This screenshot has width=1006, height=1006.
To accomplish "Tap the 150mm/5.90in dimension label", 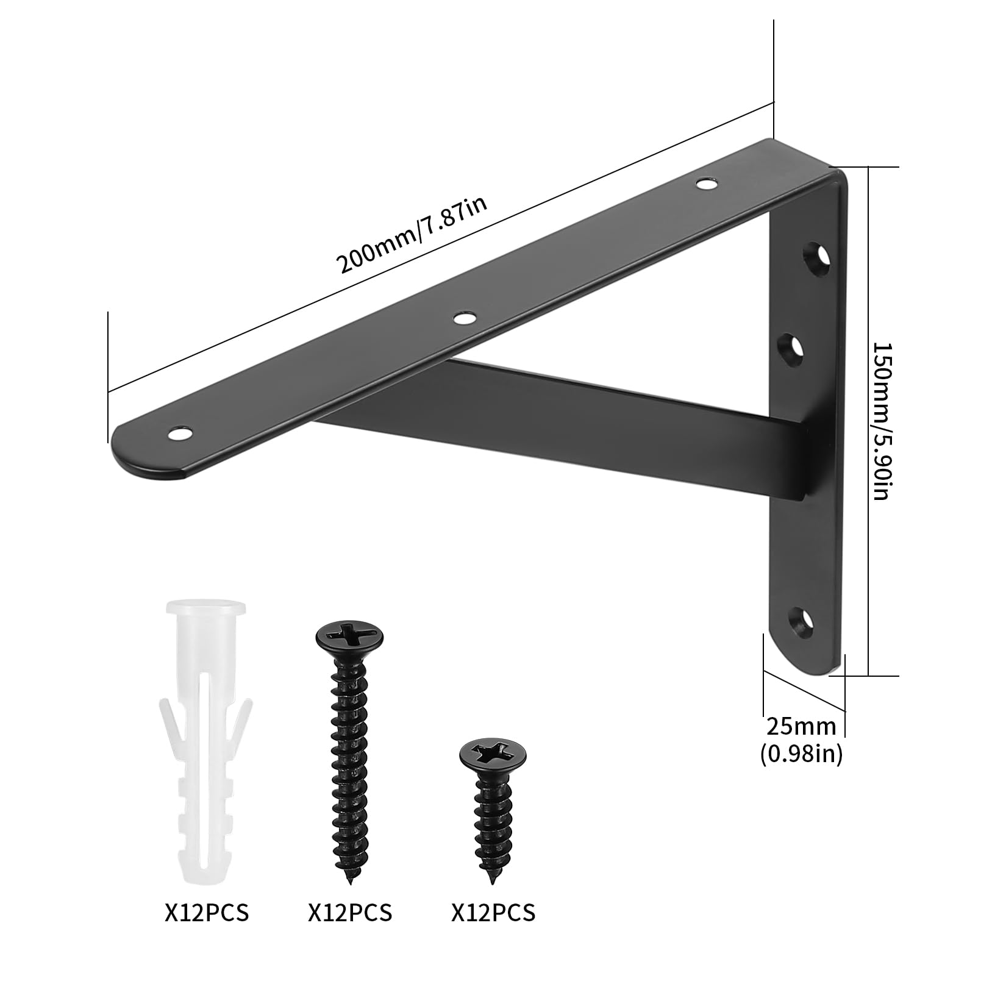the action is click(881, 420).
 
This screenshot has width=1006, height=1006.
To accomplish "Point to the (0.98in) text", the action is click(801, 755).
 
